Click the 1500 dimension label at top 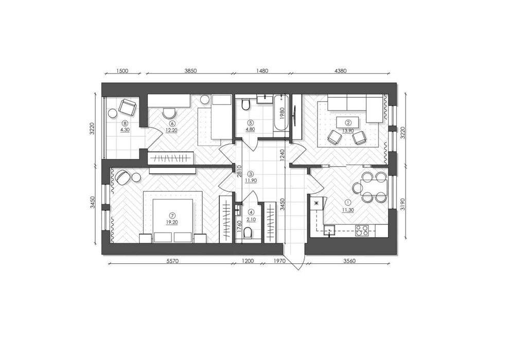point(122,71)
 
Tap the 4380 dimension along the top point(340,71)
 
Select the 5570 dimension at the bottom point(173,261)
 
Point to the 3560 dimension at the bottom point(349,261)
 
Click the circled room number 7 point(173,214)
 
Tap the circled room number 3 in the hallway point(250,173)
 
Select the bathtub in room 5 point(281,116)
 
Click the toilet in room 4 point(248,233)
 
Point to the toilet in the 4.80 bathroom point(245,104)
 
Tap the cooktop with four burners point(361,230)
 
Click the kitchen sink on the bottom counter point(329,230)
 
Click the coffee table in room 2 point(348,122)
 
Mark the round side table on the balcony point(112,113)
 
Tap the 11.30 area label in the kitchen point(348,210)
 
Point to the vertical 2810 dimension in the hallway point(239,171)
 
